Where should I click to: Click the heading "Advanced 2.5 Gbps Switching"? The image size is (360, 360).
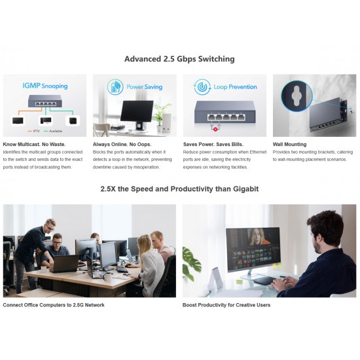pyautogui.click(x=179, y=59)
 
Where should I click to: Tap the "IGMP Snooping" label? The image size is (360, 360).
pyautogui.click(x=45, y=86)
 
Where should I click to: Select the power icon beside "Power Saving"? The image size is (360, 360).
pyautogui.click(x=116, y=86)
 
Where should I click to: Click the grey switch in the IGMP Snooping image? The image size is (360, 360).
pyautogui.click(x=45, y=101)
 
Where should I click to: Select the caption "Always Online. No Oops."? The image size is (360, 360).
pyautogui.click(x=122, y=144)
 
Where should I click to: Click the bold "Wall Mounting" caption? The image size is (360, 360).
pyautogui.click(x=289, y=144)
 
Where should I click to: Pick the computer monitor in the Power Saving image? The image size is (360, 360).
pyautogui.click(x=136, y=111)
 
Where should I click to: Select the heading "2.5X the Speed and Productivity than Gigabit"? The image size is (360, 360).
pyautogui.click(x=179, y=189)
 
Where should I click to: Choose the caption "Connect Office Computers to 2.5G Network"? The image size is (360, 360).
pyautogui.click(x=54, y=305)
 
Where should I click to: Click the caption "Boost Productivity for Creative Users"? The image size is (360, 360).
pyautogui.click(x=226, y=305)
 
